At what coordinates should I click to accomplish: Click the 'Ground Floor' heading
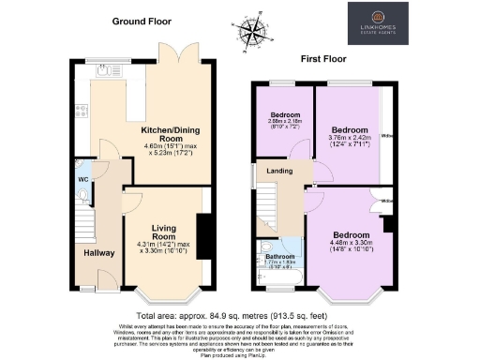(141, 20)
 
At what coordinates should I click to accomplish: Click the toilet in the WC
(82, 195)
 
